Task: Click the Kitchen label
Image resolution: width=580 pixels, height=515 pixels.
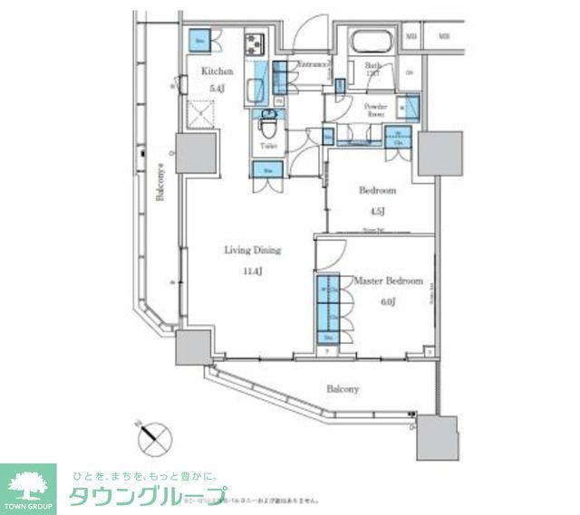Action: coord(217,72)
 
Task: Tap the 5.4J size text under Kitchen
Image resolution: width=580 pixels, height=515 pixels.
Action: coord(217,89)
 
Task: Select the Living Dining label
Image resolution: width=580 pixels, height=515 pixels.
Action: coord(253,251)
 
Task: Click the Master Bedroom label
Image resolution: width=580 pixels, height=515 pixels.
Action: coord(388,281)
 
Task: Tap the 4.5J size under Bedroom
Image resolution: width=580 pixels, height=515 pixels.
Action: coord(376,212)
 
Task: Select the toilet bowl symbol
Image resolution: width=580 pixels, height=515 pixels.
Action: coord(267,124)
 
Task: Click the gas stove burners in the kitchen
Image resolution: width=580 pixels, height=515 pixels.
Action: coord(253,42)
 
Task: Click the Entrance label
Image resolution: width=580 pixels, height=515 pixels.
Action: coord(313,65)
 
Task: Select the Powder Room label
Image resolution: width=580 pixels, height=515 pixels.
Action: coord(375,111)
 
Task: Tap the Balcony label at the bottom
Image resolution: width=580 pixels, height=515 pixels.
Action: coord(343,389)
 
